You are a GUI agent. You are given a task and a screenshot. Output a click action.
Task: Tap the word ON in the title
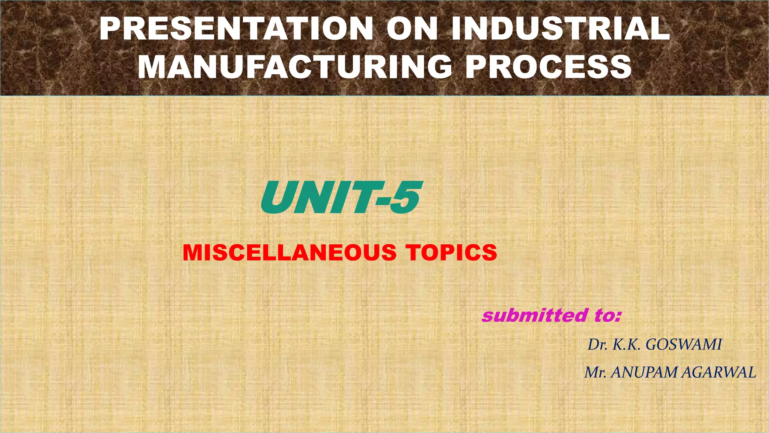tap(412, 29)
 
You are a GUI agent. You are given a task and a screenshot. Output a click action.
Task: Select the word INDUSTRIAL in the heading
tap(560, 29)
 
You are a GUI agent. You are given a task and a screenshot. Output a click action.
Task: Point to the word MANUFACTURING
tap(295, 67)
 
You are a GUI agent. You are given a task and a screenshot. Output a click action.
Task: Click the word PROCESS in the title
tap(548, 67)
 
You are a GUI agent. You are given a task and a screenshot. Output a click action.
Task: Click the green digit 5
tap(404, 198)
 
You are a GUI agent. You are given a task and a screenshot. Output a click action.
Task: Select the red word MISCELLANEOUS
tap(290, 253)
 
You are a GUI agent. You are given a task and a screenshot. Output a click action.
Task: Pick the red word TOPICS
tap(451, 253)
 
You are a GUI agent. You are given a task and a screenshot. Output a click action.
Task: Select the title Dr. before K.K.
tap(597, 345)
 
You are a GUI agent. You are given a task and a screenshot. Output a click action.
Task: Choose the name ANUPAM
tap(644, 372)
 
